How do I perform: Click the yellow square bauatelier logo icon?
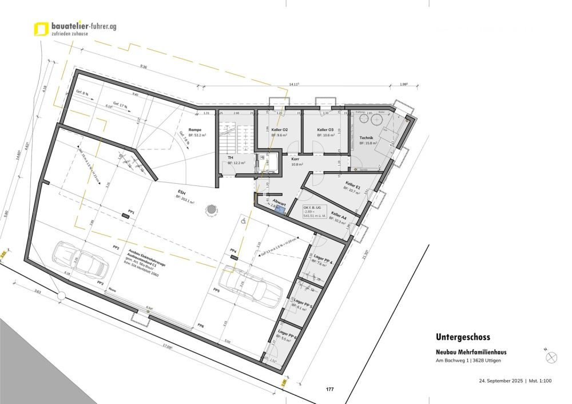41,29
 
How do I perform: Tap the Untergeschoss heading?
463,338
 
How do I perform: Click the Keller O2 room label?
280,130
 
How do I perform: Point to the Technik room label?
366,138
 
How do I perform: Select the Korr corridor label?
296,159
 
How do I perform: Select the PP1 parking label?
131,212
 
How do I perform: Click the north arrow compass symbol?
551,357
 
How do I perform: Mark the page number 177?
329,390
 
